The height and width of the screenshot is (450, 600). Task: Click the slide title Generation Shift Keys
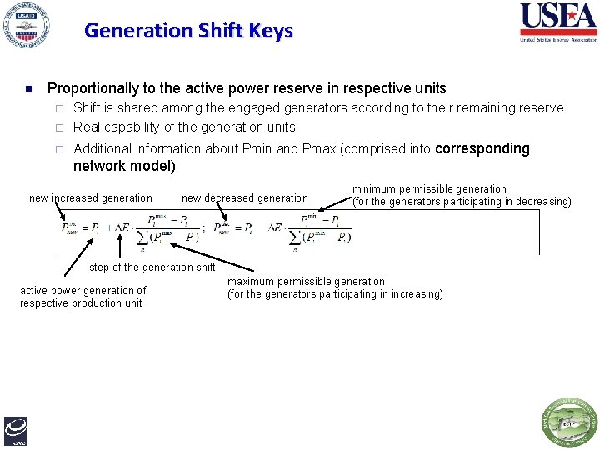tap(188, 31)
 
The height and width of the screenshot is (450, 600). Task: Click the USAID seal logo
tap(25, 27)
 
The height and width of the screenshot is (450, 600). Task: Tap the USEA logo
tap(558, 22)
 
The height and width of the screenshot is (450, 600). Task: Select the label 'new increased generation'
tap(91, 197)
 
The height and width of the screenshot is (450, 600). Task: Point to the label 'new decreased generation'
tap(245, 197)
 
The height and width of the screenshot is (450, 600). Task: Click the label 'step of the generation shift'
tap(152, 267)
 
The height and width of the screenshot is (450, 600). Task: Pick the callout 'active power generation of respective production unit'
tap(82, 297)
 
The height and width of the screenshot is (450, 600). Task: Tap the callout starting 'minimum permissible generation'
tap(462, 195)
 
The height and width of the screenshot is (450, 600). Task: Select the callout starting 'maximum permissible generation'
tap(335, 287)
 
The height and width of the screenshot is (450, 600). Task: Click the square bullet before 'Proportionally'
tap(28, 89)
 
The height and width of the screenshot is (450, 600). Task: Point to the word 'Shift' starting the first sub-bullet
tap(87, 107)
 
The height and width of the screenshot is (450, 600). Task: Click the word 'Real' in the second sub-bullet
tap(87, 127)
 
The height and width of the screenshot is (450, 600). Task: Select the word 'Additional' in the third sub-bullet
tap(103, 148)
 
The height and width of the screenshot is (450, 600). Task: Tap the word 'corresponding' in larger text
tap(482, 148)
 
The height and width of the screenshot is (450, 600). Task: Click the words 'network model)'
tap(124, 165)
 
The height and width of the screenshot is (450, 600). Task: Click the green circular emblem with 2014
tap(570, 422)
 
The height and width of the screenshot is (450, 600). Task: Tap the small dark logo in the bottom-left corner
tap(15, 429)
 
